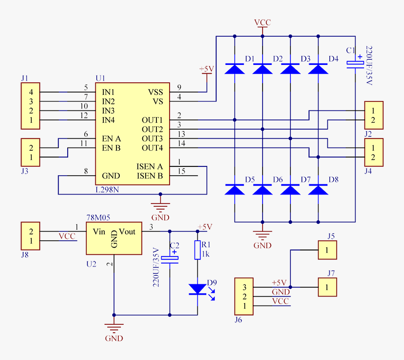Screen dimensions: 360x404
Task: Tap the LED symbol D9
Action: (x=197, y=289)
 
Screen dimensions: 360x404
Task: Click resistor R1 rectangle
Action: (x=197, y=250)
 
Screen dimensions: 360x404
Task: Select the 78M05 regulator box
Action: (x=114, y=238)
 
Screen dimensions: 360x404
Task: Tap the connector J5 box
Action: (x=327, y=250)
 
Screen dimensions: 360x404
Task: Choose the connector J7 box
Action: (x=327, y=287)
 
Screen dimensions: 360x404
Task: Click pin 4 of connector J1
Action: (x=31, y=92)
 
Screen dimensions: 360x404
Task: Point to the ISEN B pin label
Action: (x=149, y=176)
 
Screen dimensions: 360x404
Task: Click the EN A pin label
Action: (x=111, y=139)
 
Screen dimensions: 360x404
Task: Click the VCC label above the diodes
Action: (x=262, y=23)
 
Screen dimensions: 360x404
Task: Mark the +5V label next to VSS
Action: (x=207, y=70)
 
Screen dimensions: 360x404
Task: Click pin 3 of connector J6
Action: (x=244, y=287)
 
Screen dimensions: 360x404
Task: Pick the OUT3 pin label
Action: (x=152, y=139)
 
